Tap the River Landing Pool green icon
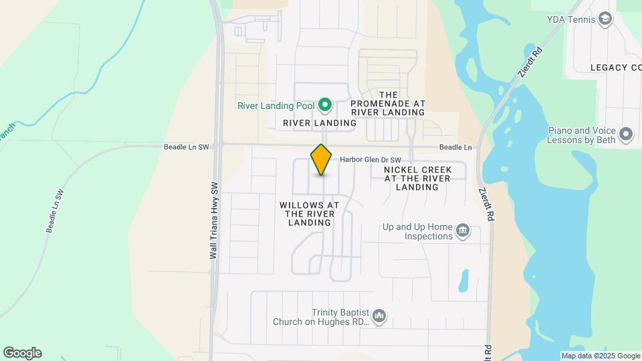(325, 105)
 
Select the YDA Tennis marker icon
(606, 19)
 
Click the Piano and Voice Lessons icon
(626, 134)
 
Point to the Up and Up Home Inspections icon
(462, 232)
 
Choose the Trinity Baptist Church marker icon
(379, 316)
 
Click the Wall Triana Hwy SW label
(214, 221)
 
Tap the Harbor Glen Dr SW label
(370, 160)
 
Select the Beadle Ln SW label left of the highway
(187, 146)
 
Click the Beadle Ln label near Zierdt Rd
(455, 147)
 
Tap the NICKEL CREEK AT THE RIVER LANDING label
(417, 178)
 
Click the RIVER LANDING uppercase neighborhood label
(320, 123)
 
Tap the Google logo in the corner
(22, 352)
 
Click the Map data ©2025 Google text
(601, 356)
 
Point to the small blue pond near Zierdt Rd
(463, 281)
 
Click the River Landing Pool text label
(276, 106)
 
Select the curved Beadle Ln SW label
(55, 211)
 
